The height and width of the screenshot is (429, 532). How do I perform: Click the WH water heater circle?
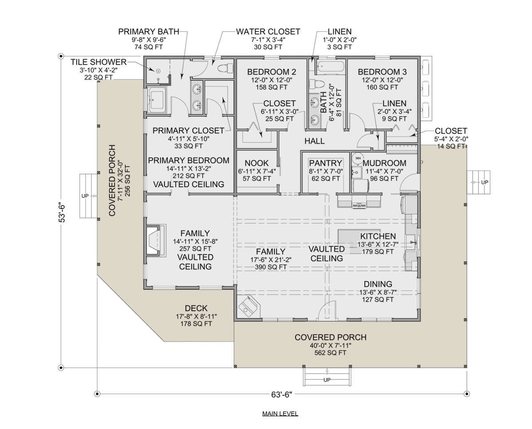[x=358, y=158]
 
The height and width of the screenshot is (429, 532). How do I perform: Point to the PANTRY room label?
[x=325, y=163]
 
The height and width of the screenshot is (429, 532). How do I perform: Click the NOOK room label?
[x=257, y=163]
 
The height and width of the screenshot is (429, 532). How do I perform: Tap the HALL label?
[x=314, y=141]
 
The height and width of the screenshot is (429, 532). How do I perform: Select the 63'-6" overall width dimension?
[x=282, y=394]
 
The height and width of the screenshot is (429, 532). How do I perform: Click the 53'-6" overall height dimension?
[x=62, y=213]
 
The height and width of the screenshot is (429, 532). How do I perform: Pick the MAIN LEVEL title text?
[x=280, y=413]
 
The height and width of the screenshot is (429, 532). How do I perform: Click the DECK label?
[x=196, y=308]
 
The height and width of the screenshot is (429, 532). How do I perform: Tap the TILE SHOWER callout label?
[x=98, y=62]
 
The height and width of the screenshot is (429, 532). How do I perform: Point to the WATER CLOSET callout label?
[x=268, y=31]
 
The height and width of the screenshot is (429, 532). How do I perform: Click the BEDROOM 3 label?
[x=382, y=72]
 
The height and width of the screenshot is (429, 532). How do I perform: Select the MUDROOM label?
[x=384, y=163]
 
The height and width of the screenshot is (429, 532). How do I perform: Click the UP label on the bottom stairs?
[x=327, y=380]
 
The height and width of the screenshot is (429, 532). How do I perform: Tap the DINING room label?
[x=378, y=284]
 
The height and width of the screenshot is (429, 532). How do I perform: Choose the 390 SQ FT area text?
[x=271, y=267]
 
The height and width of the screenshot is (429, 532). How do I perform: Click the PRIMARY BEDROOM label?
[x=188, y=160]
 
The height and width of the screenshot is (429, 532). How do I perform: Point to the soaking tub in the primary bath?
[x=157, y=100]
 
